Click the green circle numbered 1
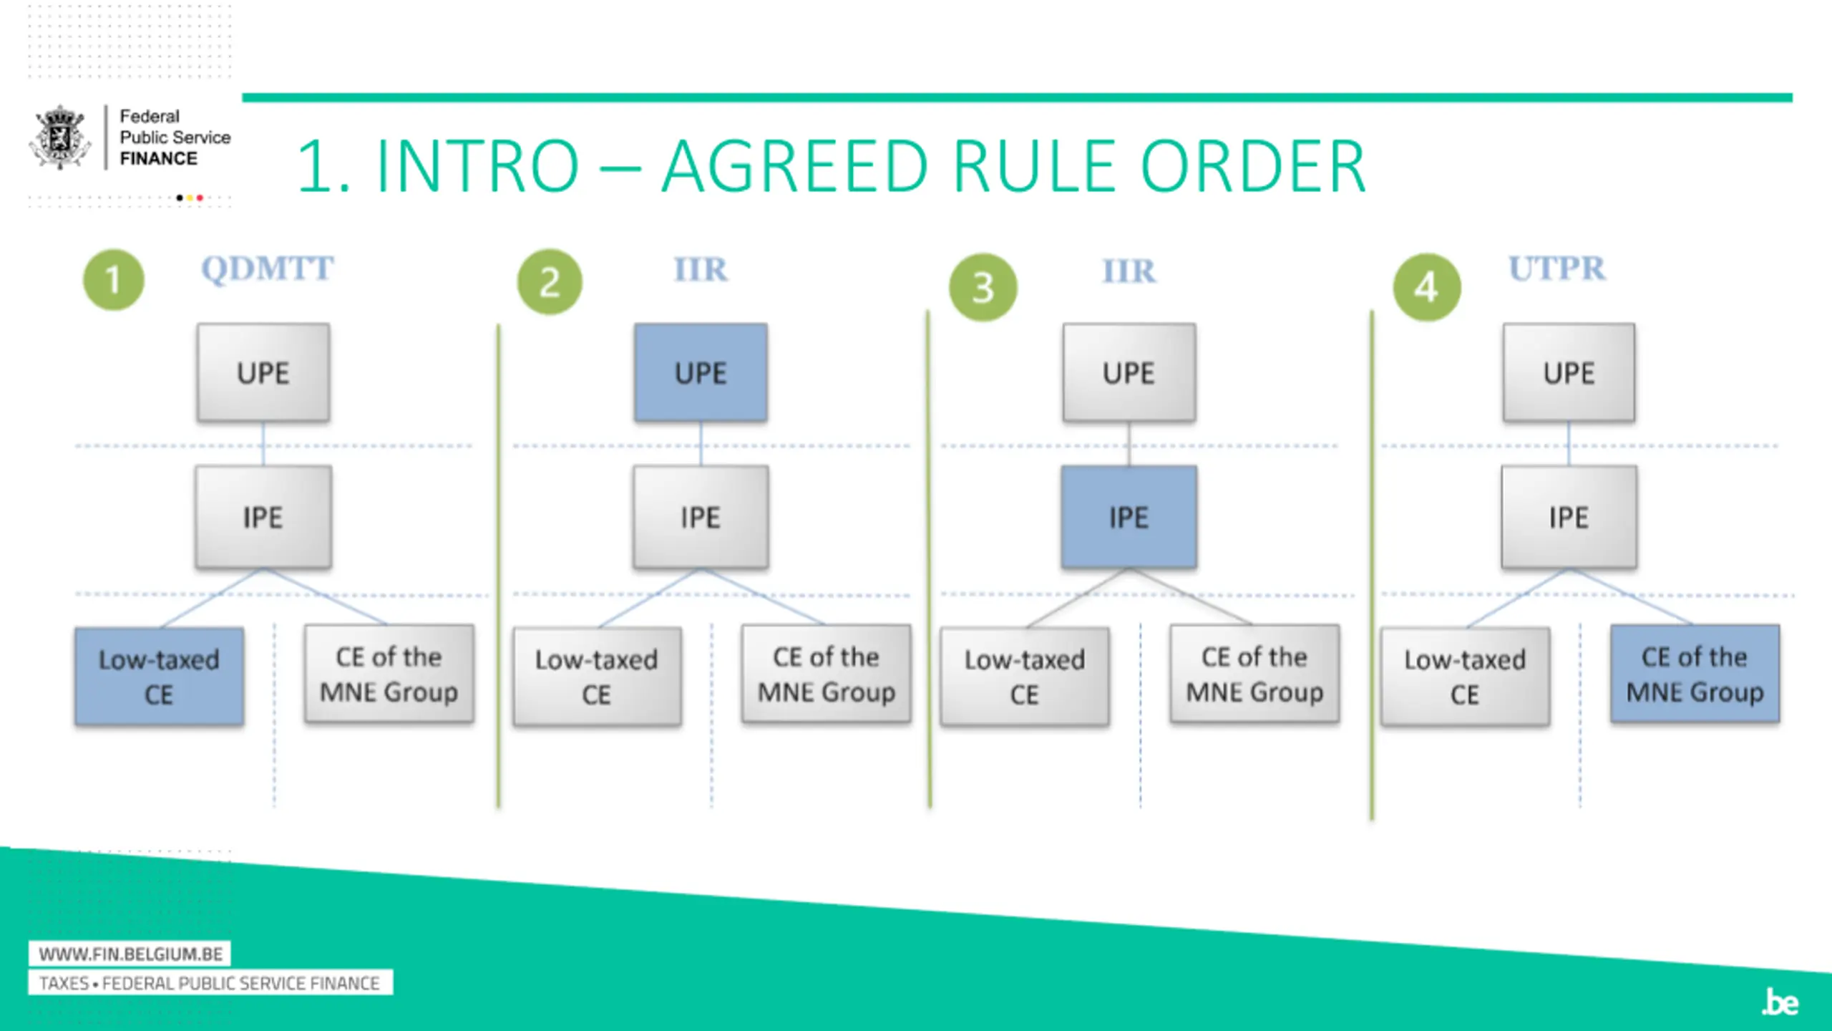pyautogui.click(x=113, y=280)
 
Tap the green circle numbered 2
pyautogui.click(x=550, y=282)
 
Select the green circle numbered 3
pyautogui.click(x=983, y=287)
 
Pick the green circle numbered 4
pyautogui.click(x=1426, y=287)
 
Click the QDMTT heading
pyautogui.click(x=267, y=269)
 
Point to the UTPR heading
pyautogui.click(x=1557, y=269)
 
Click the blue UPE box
pyautogui.click(x=701, y=372)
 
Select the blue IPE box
pyautogui.click(x=1129, y=517)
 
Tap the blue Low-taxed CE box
pyautogui.click(x=159, y=677)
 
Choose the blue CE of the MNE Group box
pyautogui.click(x=1695, y=674)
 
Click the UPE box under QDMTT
pyautogui.click(x=263, y=372)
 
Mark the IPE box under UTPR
pyautogui.click(x=1569, y=517)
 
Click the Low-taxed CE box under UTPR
pyautogui.click(x=1465, y=677)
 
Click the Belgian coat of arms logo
pyautogui.click(x=60, y=137)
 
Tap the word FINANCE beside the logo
pyautogui.click(x=158, y=159)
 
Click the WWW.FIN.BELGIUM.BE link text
pyautogui.click(x=130, y=954)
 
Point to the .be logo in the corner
pyautogui.click(x=1780, y=1002)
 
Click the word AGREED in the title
pyautogui.click(x=794, y=167)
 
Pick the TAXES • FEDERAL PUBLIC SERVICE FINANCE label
pyautogui.click(x=210, y=983)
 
